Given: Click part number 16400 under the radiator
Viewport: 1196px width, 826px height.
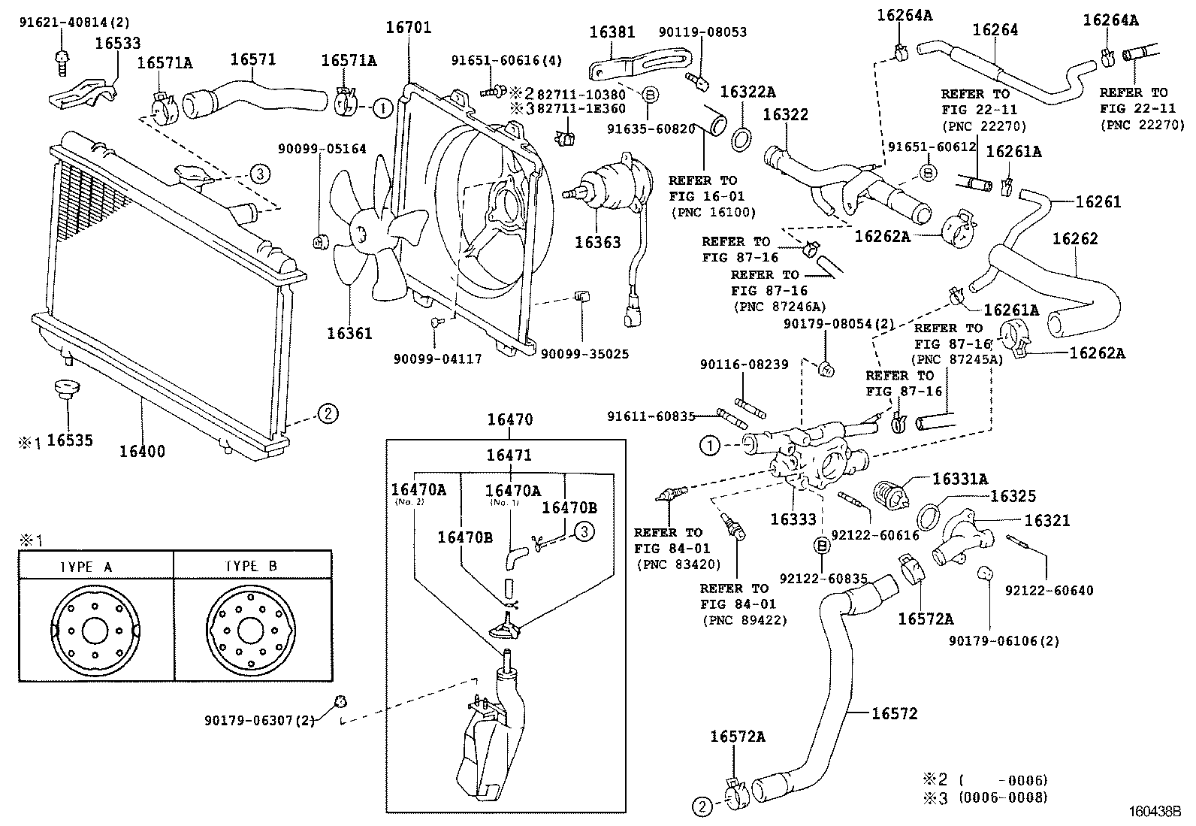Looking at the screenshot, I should click(142, 452).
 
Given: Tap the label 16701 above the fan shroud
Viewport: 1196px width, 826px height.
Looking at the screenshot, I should click(408, 29).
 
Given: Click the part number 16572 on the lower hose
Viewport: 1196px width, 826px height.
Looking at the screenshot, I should click(894, 713).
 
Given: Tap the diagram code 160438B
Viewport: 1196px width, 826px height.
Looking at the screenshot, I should click(1153, 812).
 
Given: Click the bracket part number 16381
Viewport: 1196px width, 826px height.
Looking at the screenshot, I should click(612, 32).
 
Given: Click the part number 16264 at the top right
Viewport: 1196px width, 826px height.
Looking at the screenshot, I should click(995, 30).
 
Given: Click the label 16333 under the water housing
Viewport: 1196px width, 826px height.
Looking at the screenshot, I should click(793, 519).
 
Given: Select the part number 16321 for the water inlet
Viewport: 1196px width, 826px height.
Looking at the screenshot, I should click(1046, 521).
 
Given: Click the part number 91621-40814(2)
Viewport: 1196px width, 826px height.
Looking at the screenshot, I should click(74, 23).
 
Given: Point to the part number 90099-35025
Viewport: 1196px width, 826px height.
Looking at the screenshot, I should click(585, 353).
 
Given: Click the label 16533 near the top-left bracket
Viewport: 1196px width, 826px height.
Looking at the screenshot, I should click(118, 44).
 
